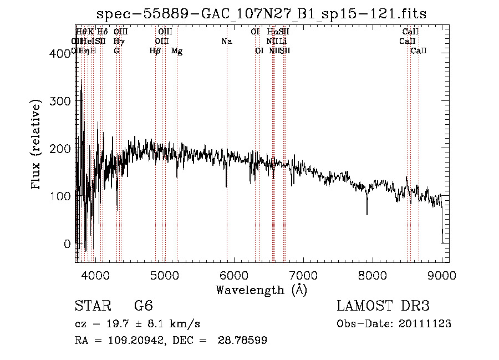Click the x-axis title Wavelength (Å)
(261, 290)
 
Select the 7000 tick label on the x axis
(303, 275)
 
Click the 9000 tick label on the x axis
(442, 275)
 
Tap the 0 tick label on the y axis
(68, 244)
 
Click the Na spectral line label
(226, 41)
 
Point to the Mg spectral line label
(177, 51)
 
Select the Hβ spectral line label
(155, 51)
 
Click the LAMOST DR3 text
(383, 306)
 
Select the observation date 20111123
(425, 324)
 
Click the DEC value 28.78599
(243, 341)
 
